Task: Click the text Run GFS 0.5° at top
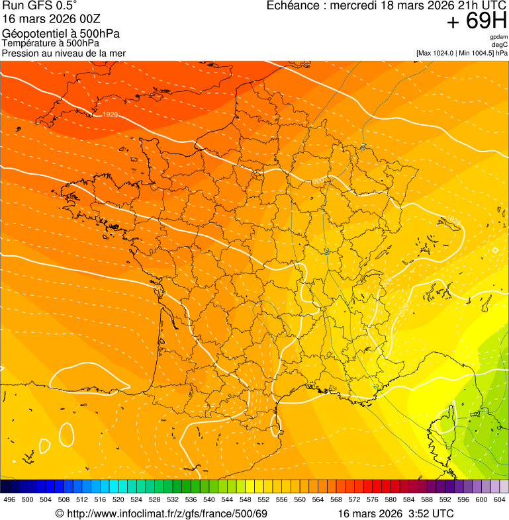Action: pyautogui.click(x=40, y=7)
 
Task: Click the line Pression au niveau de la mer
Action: pyautogui.click(x=64, y=53)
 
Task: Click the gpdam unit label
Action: pyautogui.click(x=498, y=37)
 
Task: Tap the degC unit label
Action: pyautogui.click(x=500, y=44)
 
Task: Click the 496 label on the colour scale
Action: pyautogui.click(x=9, y=499)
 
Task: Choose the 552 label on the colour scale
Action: pyautogui.click(x=263, y=499)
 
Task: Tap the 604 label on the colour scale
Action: pyautogui.click(x=499, y=499)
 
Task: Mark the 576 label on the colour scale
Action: pyautogui.click(x=372, y=499)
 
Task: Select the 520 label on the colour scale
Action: pyautogui.click(x=118, y=499)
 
